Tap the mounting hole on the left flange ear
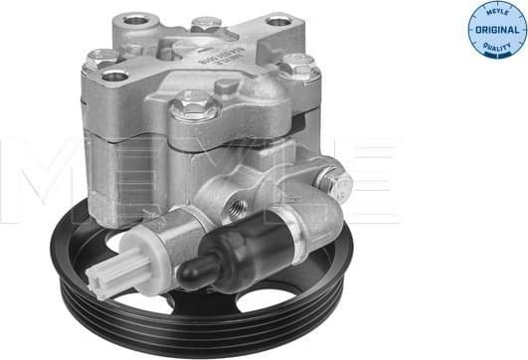click(x=115, y=75)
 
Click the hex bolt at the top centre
click(x=206, y=22)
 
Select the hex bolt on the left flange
click(x=101, y=58)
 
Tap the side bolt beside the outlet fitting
click(x=335, y=183)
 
